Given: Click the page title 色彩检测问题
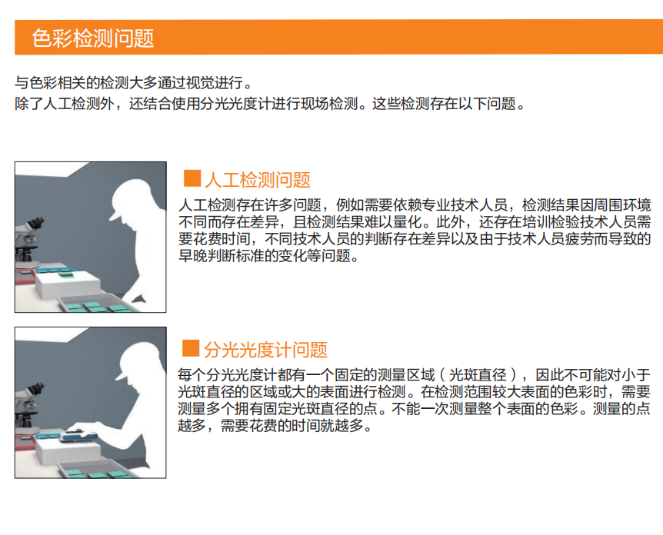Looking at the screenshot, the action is [92, 38].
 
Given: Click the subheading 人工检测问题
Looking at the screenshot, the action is [258, 180].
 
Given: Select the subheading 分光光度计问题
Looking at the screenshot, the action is [265, 350].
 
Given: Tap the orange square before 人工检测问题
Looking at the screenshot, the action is [192, 178].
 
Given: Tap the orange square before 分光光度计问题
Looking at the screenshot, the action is [191, 348].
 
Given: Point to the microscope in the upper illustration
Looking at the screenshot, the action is [28, 241].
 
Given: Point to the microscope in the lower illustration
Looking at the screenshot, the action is [28, 407].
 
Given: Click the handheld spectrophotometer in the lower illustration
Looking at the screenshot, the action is [78, 434].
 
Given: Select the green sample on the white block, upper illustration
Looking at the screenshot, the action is [67, 274].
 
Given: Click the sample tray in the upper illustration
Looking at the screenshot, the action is [96, 304].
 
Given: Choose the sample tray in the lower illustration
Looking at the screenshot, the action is [98, 469].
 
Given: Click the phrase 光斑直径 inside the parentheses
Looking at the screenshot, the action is [478, 375].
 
